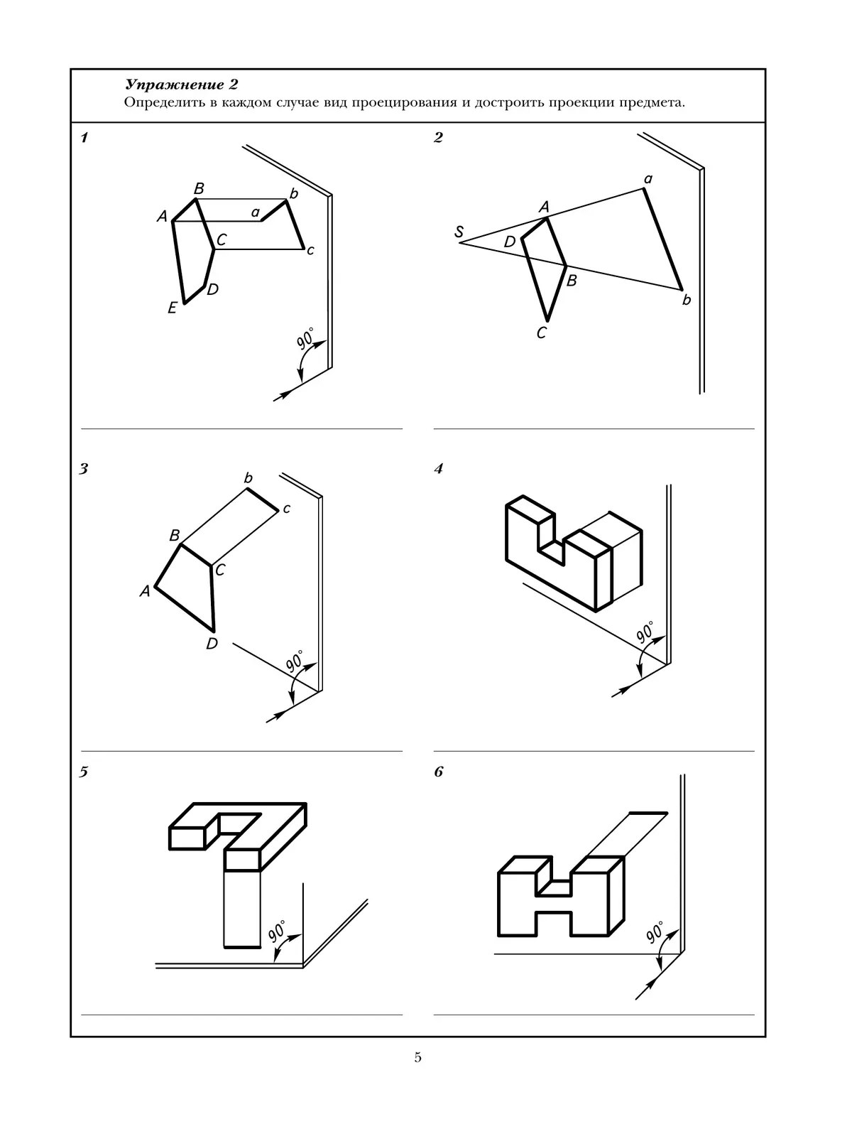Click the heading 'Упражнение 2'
(x=180, y=85)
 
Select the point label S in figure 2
(x=459, y=232)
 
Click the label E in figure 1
(x=172, y=308)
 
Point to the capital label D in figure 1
(x=213, y=289)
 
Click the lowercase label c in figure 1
(x=310, y=250)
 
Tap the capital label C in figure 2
(x=542, y=333)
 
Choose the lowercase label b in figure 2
(x=686, y=300)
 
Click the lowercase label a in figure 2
(x=648, y=179)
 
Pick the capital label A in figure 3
(x=145, y=590)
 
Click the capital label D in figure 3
(x=212, y=644)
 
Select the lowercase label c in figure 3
(x=286, y=509)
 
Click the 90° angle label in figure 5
(x=277, y=931)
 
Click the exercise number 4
(x=439, y=469)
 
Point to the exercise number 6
(x=439, y=772)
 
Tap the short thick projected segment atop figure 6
(x=648, y=812)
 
